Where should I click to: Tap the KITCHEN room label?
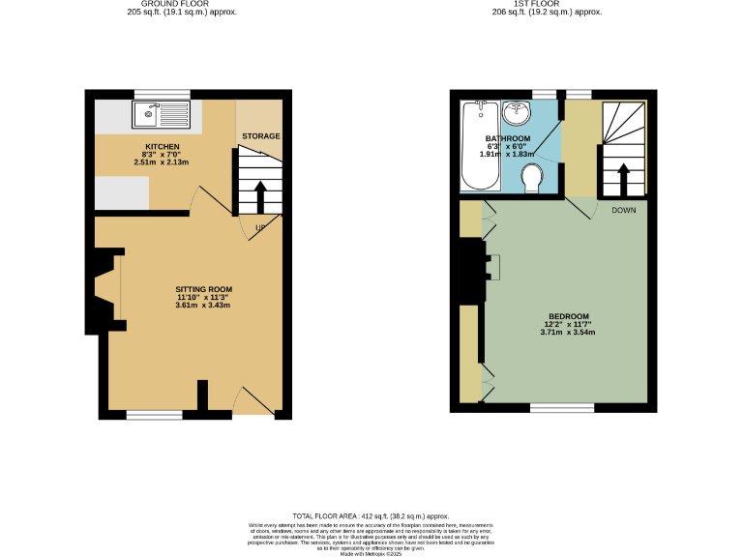pos(163,146)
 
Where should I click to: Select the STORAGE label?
pos(260,136)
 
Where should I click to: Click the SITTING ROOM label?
pos(203,289)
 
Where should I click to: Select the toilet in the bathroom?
pos(531,178)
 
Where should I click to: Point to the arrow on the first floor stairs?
pos(622,179)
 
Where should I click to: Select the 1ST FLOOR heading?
pos(546,5)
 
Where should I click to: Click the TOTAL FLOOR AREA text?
pos(371,517)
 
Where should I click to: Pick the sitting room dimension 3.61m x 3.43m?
pos(203,306)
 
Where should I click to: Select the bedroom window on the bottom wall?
pos(562,408)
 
